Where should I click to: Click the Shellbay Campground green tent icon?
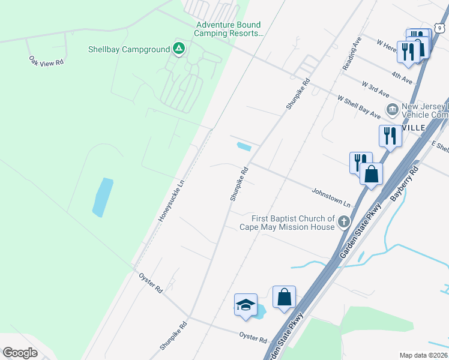(x=178, y=49)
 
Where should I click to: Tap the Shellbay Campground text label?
(x=128, y=49)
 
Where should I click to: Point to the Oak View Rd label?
(x=46, y=61)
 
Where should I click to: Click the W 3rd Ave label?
(x=375, y=89)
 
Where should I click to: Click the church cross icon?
(x=344, y=223)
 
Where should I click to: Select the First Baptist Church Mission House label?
(x=286, y=223)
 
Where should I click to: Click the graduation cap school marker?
(x=246, y=304)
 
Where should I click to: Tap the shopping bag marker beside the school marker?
(x=284, y=296)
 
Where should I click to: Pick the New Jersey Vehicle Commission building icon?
(x=393, y=109)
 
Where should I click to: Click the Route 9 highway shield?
(x=440, y=27)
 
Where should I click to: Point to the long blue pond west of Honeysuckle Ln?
(x=103, y=197)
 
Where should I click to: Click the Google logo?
(x=20, y=352)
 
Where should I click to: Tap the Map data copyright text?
(x=423, y=355)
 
